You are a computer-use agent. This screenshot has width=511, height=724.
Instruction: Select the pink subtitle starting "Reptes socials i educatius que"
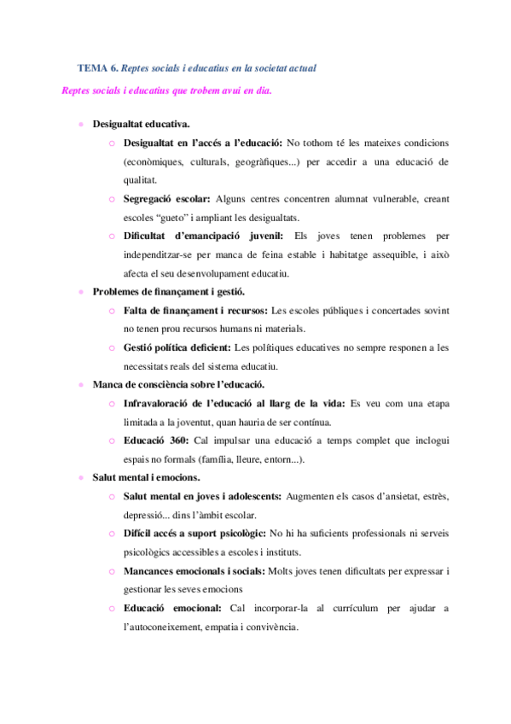click(167, 91)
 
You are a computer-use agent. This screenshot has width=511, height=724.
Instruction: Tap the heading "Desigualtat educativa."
click(142, 123)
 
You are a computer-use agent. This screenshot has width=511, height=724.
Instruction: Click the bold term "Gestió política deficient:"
click(177, 347)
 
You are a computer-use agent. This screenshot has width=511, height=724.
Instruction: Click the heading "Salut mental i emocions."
click(146, 476)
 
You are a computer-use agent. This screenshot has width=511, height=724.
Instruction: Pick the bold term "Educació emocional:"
click(171, 607)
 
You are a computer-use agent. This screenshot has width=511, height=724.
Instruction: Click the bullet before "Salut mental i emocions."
click(81, 476)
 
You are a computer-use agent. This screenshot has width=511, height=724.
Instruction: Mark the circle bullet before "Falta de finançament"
click(112, 310)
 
